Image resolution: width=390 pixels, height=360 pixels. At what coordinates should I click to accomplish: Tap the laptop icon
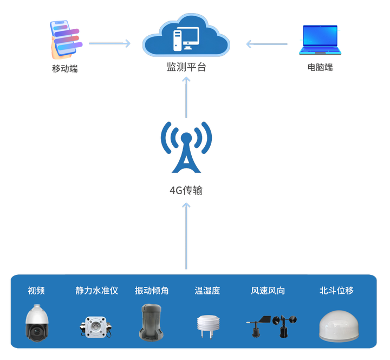coord(321,39)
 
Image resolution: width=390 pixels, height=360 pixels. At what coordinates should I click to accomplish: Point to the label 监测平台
coord(186,68)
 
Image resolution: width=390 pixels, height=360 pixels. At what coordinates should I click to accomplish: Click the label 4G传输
coord(186,191)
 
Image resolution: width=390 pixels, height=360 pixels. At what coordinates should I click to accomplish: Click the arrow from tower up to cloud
coord(186,98)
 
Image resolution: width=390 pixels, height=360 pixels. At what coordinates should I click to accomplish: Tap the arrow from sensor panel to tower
coord(186,236)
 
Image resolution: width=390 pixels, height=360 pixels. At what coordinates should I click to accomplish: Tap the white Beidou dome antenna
coord(337,325)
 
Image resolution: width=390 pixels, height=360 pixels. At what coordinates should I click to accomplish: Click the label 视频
coord(36,291)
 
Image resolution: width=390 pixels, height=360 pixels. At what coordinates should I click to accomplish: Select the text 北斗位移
coord(336,291)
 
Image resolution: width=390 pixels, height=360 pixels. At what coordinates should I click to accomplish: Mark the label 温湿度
coord(207,291)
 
